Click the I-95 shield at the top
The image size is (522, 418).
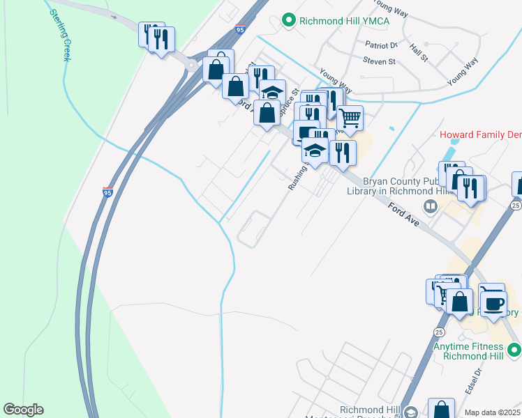(x=240, y=31)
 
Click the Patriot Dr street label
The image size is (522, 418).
(x=380, y=45)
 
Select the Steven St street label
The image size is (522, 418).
(x=379, y=61)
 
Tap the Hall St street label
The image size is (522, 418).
(x=419, y=51)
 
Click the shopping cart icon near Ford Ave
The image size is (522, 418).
(x=350, y=118)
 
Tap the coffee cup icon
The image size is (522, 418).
(x=493, y=304)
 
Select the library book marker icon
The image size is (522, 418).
(x=431, y=206)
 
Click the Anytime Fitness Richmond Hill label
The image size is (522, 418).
(x=468, y=351)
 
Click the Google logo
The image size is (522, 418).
(x=23, y=410)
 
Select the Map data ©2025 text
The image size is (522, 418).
(x=492, y=412)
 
